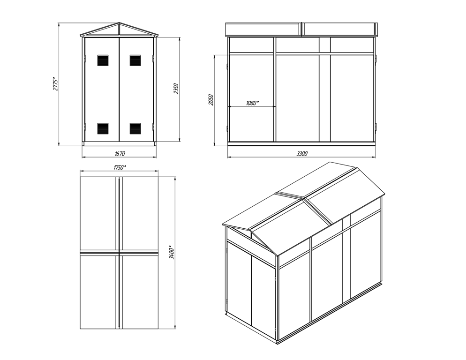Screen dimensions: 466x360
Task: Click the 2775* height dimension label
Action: (x=55, y=83)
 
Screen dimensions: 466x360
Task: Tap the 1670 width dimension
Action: (x=120, y=153)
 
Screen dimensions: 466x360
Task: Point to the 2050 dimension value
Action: (x=210, y=100)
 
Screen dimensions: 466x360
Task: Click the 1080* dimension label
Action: (x=252, y=103)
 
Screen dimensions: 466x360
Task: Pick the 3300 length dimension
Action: (x=302, y=153)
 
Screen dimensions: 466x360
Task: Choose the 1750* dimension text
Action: (x=120, y=167)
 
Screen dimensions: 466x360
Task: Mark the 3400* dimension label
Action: (x=172, y=252)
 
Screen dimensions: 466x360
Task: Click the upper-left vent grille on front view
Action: (x=103, y=60)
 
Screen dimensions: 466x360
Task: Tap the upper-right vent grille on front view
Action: (x=135, y=60)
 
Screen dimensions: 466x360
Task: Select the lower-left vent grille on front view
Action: (x=103, y=128)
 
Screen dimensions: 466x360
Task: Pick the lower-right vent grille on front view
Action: (x=135, y=128)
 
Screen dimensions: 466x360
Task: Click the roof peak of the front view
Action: (x=119, y=22)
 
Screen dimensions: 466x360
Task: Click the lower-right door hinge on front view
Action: (x=154, y=127)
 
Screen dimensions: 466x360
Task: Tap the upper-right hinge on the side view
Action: (x=376, y=58)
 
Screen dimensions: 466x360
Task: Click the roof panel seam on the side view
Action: (x=301, y=29)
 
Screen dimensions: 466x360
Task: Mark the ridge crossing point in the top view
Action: (x=119, y=253)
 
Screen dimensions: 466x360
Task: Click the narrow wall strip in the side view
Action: (x=324, y=89)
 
